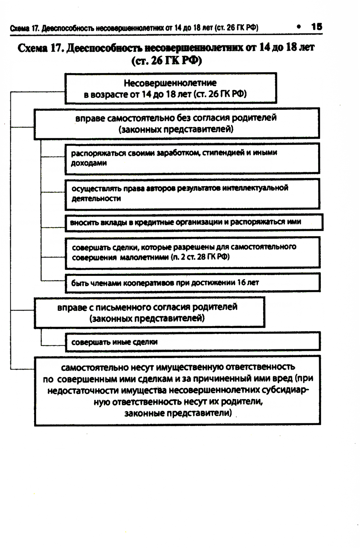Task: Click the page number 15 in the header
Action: click(317, 27)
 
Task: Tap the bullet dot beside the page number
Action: click(299, 27)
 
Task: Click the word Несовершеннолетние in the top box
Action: click(170, 83)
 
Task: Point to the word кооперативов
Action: click(149, 283)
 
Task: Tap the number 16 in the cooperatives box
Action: click(241, 283)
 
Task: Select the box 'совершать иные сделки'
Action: click(193, 342)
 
